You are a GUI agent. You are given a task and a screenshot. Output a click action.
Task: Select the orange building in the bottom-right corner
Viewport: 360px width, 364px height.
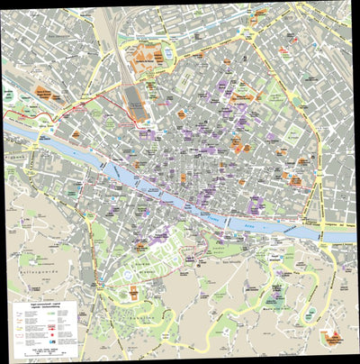click(x=334, y=338)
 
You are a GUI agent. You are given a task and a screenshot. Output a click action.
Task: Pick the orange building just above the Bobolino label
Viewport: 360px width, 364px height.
click(x=134, y=292)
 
